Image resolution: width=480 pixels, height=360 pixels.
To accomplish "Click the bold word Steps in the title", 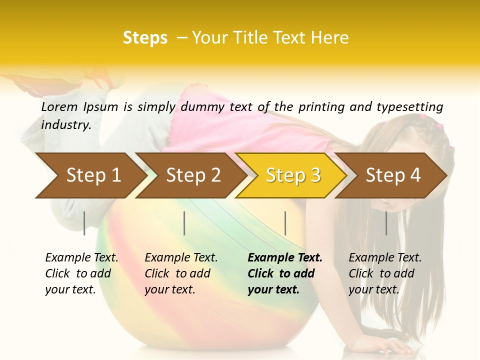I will (145, 38).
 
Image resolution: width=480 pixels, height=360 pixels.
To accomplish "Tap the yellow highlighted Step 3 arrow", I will (293, 175).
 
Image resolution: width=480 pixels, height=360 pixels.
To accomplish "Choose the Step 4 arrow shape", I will (393, 175).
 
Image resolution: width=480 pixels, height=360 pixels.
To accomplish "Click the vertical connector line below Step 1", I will (84, 223).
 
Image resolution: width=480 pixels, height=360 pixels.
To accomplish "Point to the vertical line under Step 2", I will (184, 223).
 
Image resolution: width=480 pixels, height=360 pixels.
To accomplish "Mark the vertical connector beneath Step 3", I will (285, 223).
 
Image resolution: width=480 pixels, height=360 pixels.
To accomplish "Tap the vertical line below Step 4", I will (386, 223).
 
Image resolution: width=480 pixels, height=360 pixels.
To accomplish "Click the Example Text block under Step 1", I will (81, 273).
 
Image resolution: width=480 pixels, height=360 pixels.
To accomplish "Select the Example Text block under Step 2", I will (181, 273).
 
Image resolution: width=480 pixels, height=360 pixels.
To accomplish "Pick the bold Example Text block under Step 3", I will (285, 273).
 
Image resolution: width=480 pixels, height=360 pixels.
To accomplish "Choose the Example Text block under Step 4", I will (385, 273).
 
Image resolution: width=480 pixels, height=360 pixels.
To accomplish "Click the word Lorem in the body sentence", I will (59, 106).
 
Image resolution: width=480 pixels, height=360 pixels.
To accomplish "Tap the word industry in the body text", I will (66, 124).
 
